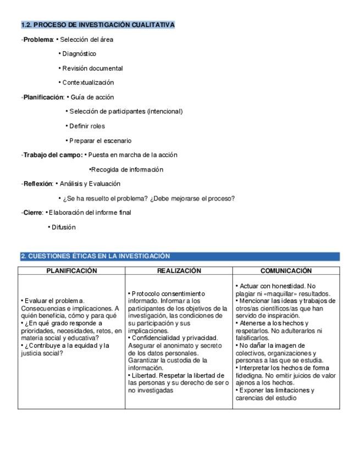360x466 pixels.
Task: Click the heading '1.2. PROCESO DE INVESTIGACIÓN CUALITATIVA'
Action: (98, 25)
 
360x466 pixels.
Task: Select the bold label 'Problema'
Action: (37, 40)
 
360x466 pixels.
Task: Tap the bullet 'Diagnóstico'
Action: (79, 54)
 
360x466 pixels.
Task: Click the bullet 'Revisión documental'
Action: (92, 69)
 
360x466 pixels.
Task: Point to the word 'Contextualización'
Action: (88, 83)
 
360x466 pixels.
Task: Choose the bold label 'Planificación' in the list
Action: (43, 97)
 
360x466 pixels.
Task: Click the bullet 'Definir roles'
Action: (87, 126)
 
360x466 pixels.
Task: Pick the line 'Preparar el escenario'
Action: (100, 141)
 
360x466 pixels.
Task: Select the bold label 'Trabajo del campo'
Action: (53, 155)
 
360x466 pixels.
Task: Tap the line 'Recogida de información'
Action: (127, 169)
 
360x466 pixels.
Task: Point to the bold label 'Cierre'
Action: (32, 213)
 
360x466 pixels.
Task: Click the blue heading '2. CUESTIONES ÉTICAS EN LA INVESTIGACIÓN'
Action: (96, 256)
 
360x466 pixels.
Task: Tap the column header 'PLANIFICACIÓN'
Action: (71, 271)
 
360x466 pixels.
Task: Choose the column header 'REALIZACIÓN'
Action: (179, 271)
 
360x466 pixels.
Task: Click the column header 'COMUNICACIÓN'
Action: (286, 271)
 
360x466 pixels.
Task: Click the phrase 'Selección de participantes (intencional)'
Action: (126, 112)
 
